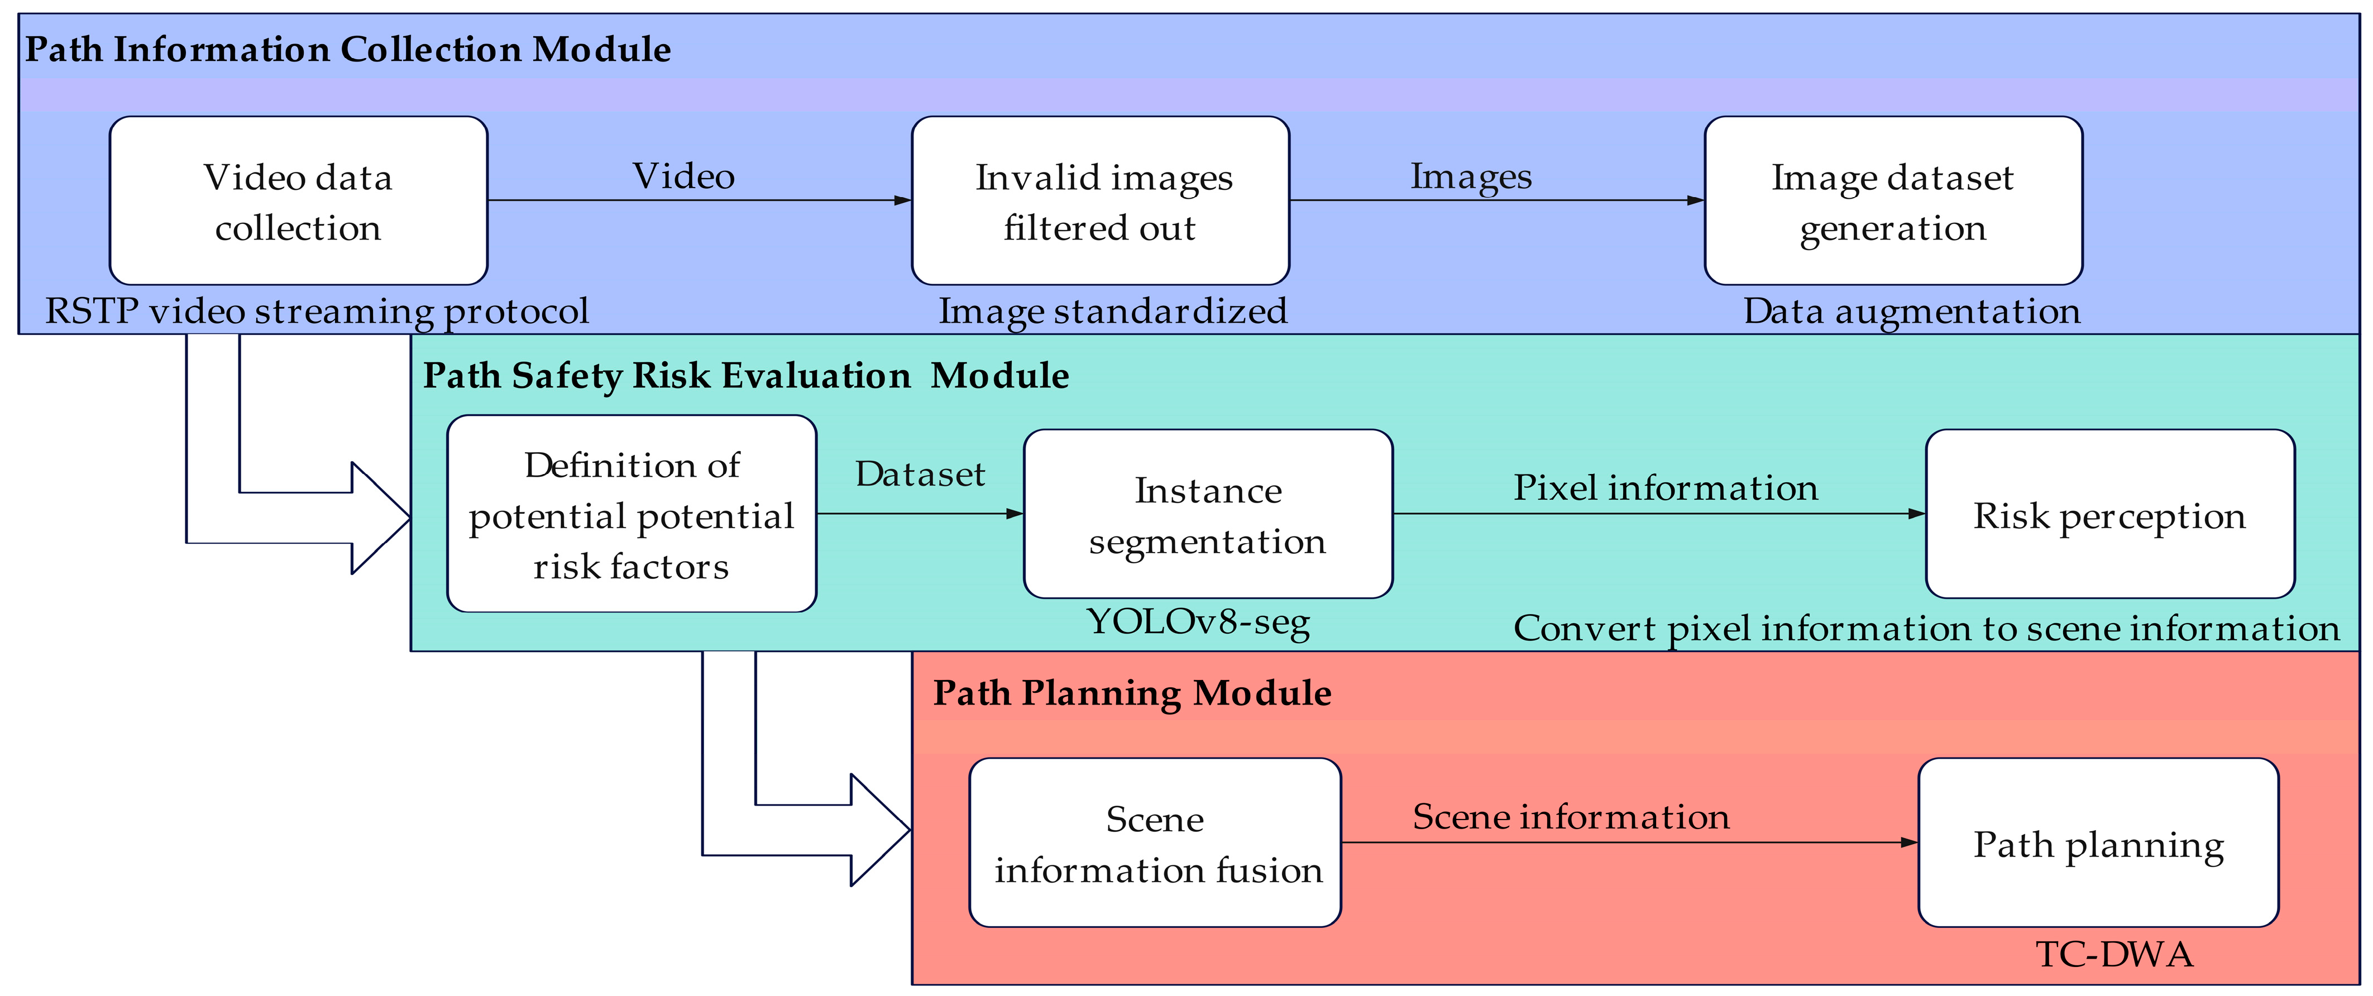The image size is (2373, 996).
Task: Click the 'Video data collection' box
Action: click(298, 201)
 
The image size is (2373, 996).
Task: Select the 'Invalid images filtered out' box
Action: click(1100, 201)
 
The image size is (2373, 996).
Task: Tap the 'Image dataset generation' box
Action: click(1893, 201)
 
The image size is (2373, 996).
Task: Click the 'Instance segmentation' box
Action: click(1208, 514)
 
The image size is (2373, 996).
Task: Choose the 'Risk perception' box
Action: click(2109, 514)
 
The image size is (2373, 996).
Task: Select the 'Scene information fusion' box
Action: click(1155, 843)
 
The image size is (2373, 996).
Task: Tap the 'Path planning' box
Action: click(2098, 843)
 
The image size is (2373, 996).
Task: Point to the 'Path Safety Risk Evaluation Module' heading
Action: click(745, 376)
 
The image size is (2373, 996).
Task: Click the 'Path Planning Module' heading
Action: click(1132, 693)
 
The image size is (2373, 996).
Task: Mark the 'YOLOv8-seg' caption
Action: click(1198, 622)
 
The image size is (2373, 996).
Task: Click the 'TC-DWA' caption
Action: click(2114, 955)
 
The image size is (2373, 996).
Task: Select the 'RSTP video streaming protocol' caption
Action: click(317, 312)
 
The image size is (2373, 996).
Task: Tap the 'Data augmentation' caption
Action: click(1911, 312)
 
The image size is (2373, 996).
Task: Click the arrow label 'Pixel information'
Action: click(1666, 487)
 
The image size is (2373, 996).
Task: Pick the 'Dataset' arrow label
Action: click(920, 473)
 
